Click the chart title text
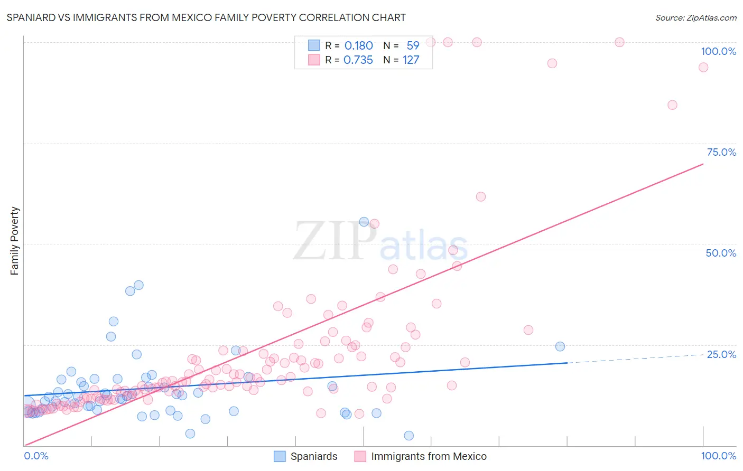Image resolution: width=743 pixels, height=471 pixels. pos(206,17)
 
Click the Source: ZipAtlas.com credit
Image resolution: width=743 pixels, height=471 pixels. pos(695,17)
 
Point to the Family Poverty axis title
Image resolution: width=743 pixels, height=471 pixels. pos(15,241)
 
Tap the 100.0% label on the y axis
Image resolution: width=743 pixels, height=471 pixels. pos(718,51)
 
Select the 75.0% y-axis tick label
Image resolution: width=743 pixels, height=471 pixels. pos(721,152)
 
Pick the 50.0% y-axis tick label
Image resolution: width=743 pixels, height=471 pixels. pos(721,253)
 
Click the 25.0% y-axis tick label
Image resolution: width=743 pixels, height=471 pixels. pos(721,354)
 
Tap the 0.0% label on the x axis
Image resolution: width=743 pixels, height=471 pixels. pos(36,456)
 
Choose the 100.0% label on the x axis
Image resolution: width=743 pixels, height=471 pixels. pos(718,456)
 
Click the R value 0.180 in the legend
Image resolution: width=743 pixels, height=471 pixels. pos(358,46)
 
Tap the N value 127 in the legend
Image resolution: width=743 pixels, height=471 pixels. pos(411,60)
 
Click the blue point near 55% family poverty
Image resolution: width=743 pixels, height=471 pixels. pos(364,222)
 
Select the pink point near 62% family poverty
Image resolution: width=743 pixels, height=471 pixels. pos(481,196)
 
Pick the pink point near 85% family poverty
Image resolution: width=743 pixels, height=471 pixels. pos(672,105)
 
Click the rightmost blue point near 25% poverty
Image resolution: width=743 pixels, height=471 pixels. pos(560,346)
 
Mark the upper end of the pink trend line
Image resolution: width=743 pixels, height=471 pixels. pos(703,164)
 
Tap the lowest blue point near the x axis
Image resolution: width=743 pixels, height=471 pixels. pos(408,436)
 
